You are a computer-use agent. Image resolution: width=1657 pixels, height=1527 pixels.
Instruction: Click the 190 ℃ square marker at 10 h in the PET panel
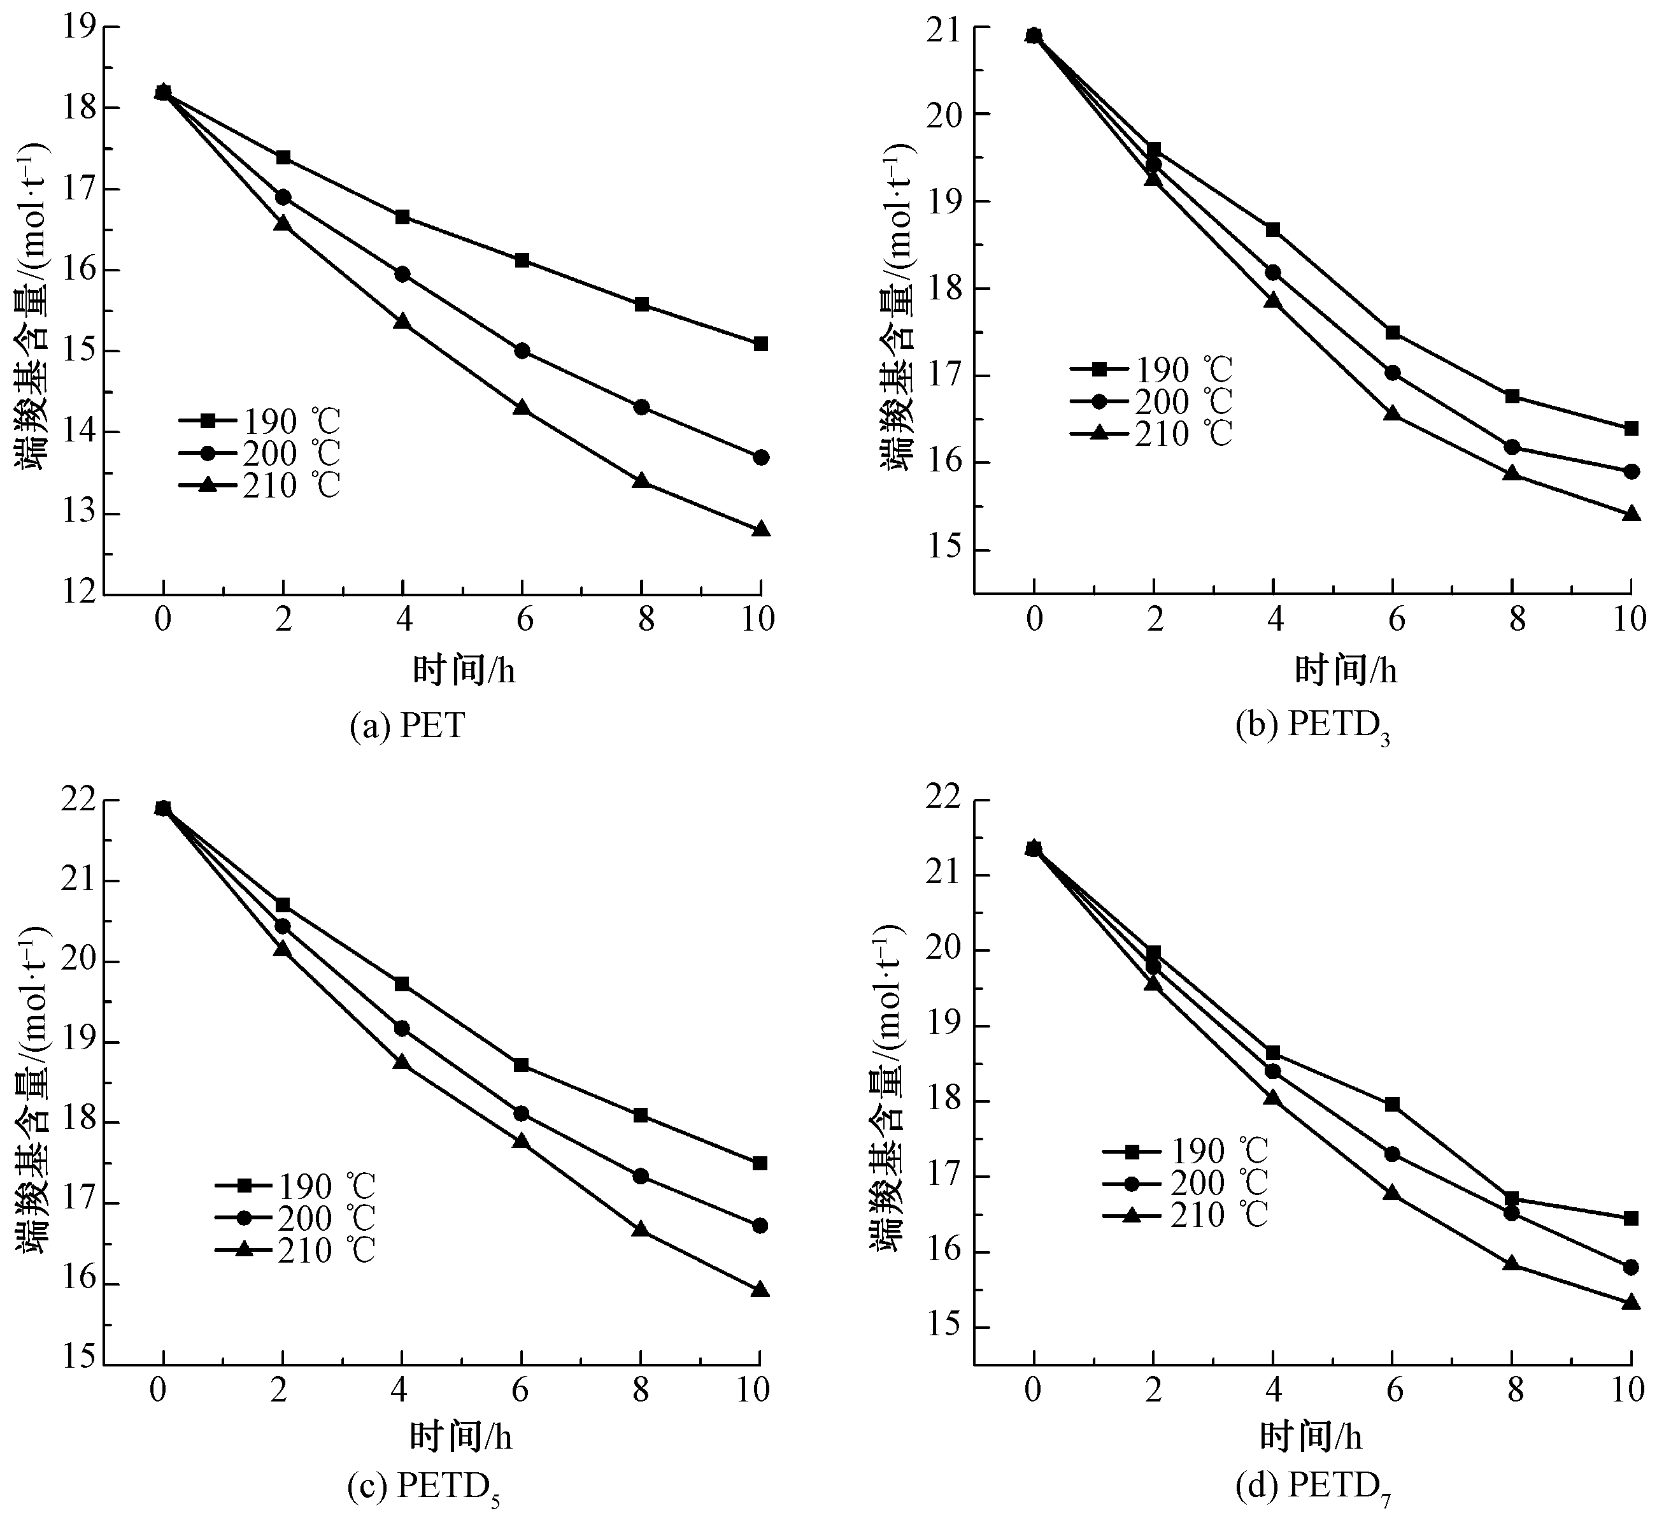point(761,344)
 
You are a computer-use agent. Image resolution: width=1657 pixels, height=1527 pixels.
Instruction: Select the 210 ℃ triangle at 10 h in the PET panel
point(761,529)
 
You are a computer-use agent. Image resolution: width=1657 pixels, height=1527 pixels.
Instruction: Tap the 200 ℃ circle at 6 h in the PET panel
point(522,350)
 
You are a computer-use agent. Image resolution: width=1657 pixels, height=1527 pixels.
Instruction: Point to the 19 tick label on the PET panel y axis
point(78,27)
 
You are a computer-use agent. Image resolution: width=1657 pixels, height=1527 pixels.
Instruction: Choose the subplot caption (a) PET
point(407,726)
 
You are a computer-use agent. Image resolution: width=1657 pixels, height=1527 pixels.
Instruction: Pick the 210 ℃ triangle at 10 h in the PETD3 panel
point(1630,514)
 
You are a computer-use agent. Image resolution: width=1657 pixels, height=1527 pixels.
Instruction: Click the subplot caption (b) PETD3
point(1312,726)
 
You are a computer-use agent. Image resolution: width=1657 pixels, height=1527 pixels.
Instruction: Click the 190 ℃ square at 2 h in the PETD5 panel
point(283,905)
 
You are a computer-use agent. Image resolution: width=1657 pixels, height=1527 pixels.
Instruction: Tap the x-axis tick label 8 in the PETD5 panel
point(640,1391)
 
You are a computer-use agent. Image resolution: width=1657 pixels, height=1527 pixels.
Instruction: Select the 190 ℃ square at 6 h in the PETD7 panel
point(1392,1104)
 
